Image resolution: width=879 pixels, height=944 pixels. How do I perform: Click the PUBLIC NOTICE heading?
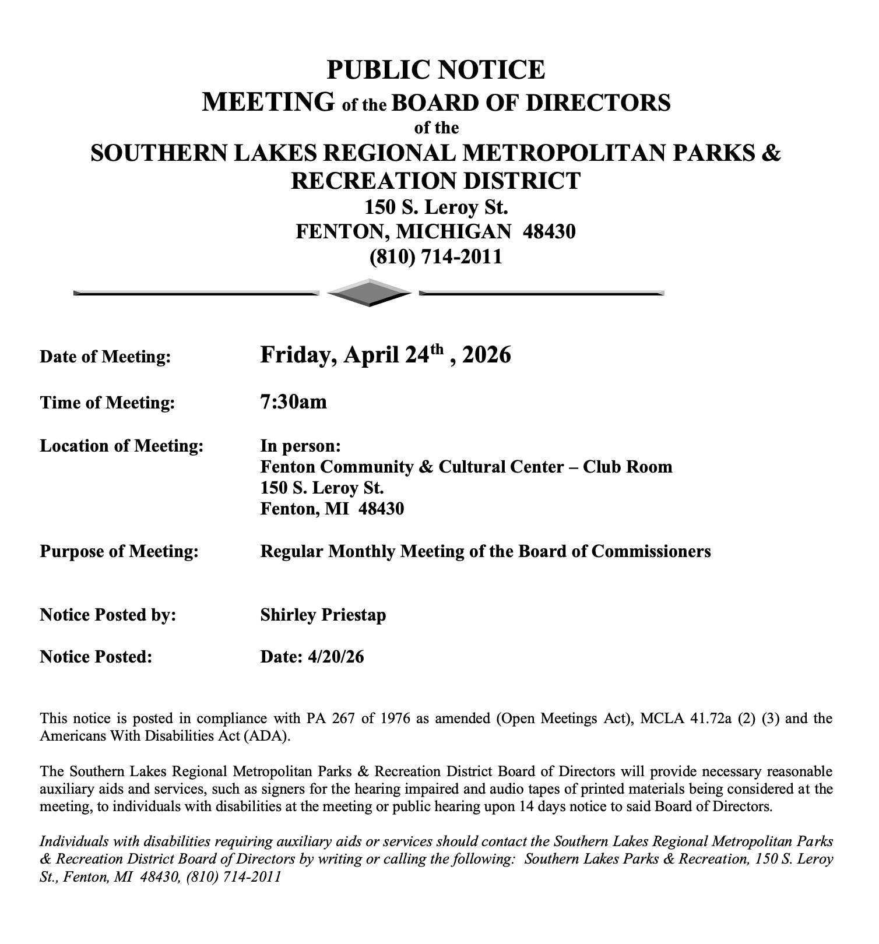tap(436, 70)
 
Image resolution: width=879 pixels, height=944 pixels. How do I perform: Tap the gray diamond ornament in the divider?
tap(370, 293)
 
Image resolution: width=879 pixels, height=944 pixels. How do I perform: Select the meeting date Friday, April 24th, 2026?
tap(385, 355)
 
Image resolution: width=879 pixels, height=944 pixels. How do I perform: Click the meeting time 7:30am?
tap(293, 402)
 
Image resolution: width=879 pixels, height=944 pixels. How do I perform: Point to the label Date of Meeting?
tap(106, 357)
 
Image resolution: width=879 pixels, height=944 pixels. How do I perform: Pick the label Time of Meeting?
tap(107, 403)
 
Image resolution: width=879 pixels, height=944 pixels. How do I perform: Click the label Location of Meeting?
tap(122, 446)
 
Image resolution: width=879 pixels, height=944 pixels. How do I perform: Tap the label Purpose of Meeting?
tap(119, 551)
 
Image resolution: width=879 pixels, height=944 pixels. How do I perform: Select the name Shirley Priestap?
tap(323, 615)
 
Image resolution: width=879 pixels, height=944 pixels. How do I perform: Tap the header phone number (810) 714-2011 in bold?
tap(436, 257)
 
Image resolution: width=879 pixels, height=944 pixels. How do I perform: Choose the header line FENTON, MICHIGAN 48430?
tap(436, 232)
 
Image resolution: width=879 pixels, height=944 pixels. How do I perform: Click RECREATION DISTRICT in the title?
tap(436, 181)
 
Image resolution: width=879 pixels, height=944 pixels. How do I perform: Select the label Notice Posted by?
tap(108, 615)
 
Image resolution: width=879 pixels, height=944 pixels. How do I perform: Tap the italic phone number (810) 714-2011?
tap(233, 876)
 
